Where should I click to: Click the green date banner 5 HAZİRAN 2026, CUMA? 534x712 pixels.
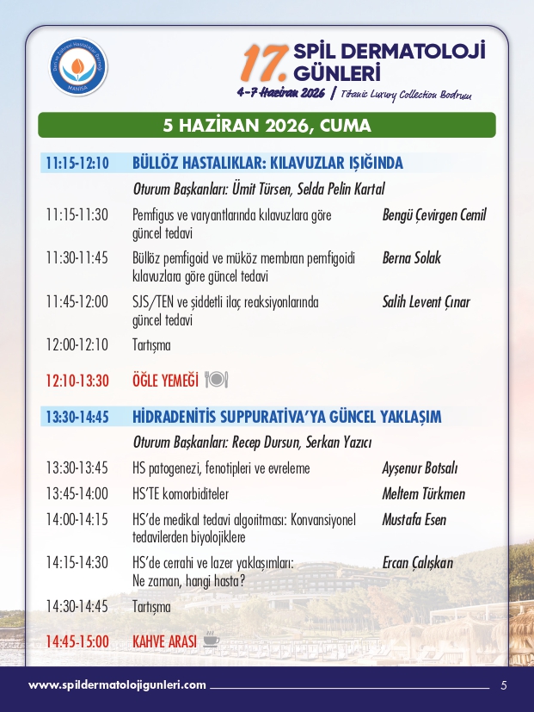point(267,126)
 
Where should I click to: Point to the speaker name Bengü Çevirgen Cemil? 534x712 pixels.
point(433,215)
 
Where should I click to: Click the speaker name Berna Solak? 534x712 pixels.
point(411,257)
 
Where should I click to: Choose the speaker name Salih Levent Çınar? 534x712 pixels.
point(426,302)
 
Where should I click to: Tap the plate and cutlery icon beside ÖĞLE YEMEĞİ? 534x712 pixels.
point(217,380)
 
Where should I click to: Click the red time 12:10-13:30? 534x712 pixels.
point(77,381)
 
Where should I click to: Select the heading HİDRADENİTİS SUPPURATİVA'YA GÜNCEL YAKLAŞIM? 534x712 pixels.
point(286,418)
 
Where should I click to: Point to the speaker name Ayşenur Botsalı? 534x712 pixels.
point(420,468)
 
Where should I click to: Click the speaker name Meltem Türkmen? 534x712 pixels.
point(423,494)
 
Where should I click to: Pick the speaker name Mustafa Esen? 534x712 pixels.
point(414,520)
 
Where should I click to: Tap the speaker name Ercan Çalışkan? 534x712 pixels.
point(417,563)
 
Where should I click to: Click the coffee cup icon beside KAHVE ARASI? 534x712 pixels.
point(211,641)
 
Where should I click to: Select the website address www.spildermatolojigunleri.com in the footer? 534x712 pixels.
point(118,685)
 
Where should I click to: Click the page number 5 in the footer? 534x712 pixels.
point(504,685)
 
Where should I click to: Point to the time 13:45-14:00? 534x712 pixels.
point(77,494)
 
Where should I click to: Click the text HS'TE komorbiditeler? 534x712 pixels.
point(181,494)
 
